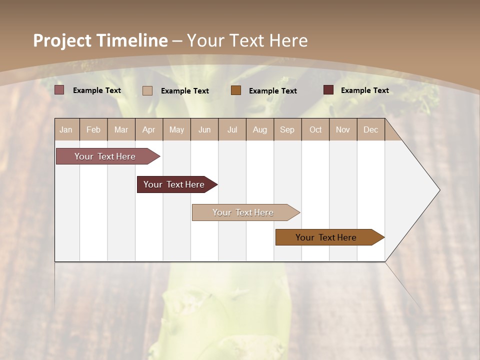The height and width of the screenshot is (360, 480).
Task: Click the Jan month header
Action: [x=66, y=130]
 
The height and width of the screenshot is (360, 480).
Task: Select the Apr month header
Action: [x=149, y=130]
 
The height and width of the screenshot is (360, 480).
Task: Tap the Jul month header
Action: [x=232, y=130]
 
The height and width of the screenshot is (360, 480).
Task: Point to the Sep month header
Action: [x=287, y=130]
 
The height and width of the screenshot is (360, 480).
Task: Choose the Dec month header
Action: [x=370, y=130]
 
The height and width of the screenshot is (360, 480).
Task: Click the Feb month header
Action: [x=93, y=130]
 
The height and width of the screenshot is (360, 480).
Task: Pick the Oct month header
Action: [x=315, y=130]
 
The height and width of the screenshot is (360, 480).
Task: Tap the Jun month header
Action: [x=204, y=130]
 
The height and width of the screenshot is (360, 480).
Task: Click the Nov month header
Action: [x=343, y=130]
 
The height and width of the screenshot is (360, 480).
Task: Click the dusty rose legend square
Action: [x=59, y=90]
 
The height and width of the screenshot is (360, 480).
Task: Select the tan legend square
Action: [x=147, y=90]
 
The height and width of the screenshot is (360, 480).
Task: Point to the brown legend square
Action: [x=236, y=90]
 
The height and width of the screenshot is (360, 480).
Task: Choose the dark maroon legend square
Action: [x=328, y=90]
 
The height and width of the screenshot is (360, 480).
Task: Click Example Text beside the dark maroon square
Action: [x=365, y=90]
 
